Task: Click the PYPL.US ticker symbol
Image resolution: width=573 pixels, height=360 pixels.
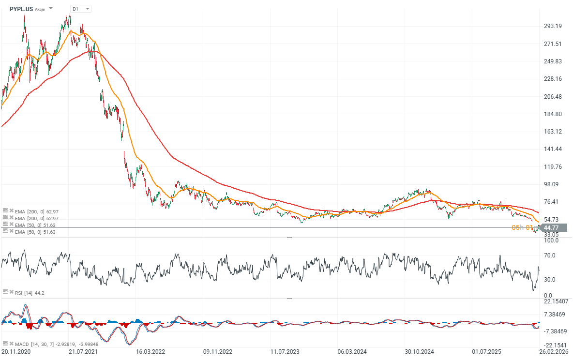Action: point(21,9)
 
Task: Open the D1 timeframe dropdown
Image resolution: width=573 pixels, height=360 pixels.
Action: point(80,9)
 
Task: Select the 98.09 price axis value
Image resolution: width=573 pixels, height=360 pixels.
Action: point(551,184)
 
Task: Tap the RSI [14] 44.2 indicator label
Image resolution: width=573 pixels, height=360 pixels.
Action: point(25,292)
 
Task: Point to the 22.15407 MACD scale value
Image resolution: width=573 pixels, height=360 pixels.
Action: point(555,301)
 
